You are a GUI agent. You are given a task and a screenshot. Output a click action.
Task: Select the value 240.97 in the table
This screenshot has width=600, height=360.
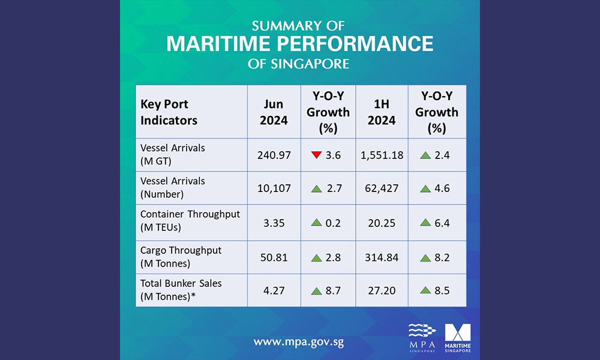click(x=274, y=155)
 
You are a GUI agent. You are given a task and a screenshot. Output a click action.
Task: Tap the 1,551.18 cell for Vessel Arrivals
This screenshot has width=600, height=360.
click(x=382, y=155)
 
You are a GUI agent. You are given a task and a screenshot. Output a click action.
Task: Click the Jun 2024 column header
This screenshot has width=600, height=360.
click(x=274, y=112)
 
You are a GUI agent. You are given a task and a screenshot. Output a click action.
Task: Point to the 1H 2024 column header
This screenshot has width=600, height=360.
click(x=382, y=112)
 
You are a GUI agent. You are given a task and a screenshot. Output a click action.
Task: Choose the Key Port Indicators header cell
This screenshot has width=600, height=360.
click(x=169, y=112)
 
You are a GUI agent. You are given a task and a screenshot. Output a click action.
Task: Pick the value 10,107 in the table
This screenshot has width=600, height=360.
click(x=274, y=188)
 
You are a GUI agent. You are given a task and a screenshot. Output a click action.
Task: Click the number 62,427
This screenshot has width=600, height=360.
click(x=382, y=188)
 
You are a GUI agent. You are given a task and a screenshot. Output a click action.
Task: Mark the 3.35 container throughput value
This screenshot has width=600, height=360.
click(x=274, y=223)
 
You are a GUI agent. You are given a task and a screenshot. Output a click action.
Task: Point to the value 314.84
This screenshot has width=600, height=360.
click(x=382, y=257)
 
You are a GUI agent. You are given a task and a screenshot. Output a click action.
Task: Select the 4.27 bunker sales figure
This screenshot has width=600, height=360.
click(x=274, y=290)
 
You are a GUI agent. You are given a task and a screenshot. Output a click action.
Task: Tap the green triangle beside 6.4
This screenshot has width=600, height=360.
click(x=425, y=223)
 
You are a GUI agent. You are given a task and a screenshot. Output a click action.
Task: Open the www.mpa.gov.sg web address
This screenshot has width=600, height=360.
click(x=298, y=343)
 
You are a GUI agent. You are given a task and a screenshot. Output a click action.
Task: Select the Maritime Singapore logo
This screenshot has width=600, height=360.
click(x=458, y=338)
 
